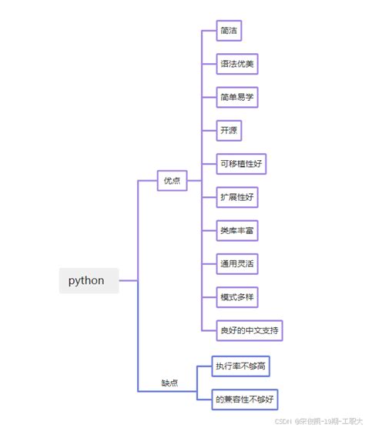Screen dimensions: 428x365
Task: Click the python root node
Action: pyautogui.click(x=89, y=280)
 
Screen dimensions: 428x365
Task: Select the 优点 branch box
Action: pyautogui.click(x=172, y=181)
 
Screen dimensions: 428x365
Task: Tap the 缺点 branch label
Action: pyautogui.click(x=170, y=383)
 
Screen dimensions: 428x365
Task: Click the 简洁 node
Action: pyautogui.click(x=229, y=31)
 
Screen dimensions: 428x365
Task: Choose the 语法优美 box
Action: pyautogui.click(x=237, y=64)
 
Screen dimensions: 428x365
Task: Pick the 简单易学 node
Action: pyautogui.click(x=237, y=97)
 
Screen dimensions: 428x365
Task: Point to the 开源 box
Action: pyautogui.click(x=229, y=130)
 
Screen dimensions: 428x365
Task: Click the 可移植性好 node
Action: pyautogui.click(x=242, y=164)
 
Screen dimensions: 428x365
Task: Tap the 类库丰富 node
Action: pyautogui.click(x=237, y=230)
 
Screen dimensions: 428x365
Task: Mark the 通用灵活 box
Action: pyautogui.click(x=237, y=264)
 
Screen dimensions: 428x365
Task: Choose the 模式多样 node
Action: pyautogui.click(x=237, y=297)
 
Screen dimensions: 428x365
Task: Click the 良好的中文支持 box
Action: pyautogui.click(x=250, y=330)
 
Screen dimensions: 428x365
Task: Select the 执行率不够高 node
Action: pyautogui.click(x=242, y=366)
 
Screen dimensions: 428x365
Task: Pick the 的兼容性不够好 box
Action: pyautogui.click(x=246, y=398)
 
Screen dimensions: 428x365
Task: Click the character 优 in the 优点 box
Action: pyautogui.click(x=167, y=181)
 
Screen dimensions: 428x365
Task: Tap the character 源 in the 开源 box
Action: pyautogui.click(x=233, y=130)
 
